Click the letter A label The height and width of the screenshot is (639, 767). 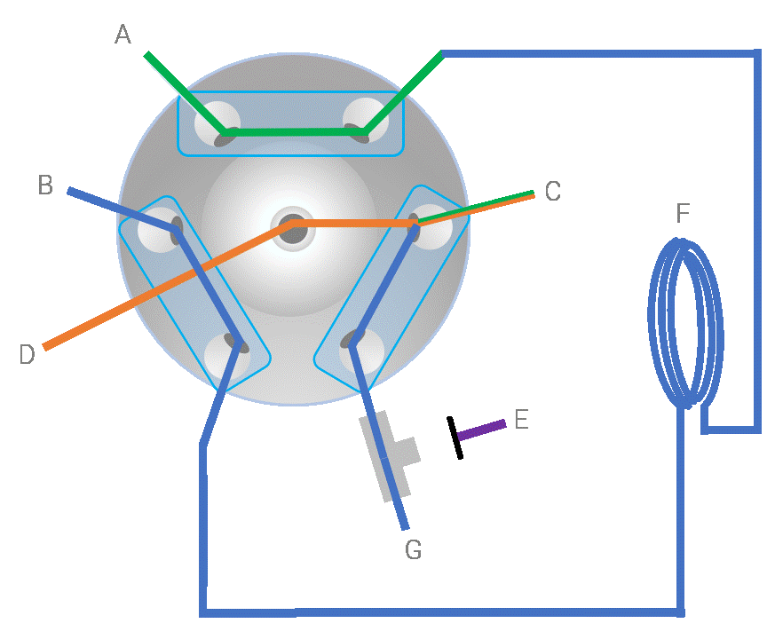coord(123,35)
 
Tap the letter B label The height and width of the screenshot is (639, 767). coord(45,185)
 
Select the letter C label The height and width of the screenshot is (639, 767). coord(553,191)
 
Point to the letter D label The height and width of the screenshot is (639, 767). coord(27,354)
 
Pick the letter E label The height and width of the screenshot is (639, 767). coord(522,420)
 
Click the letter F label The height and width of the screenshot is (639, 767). coord(683,213)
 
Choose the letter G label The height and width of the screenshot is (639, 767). coord(414,549)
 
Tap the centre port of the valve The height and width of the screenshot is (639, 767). coord(293,229)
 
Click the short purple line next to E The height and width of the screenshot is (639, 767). coord(481,430)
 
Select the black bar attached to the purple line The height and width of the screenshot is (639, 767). coord(455,438)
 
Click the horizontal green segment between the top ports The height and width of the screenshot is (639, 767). coord(294,132)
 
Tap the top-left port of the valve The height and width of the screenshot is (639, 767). coord(217,123)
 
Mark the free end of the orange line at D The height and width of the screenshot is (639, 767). coord(44,347)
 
